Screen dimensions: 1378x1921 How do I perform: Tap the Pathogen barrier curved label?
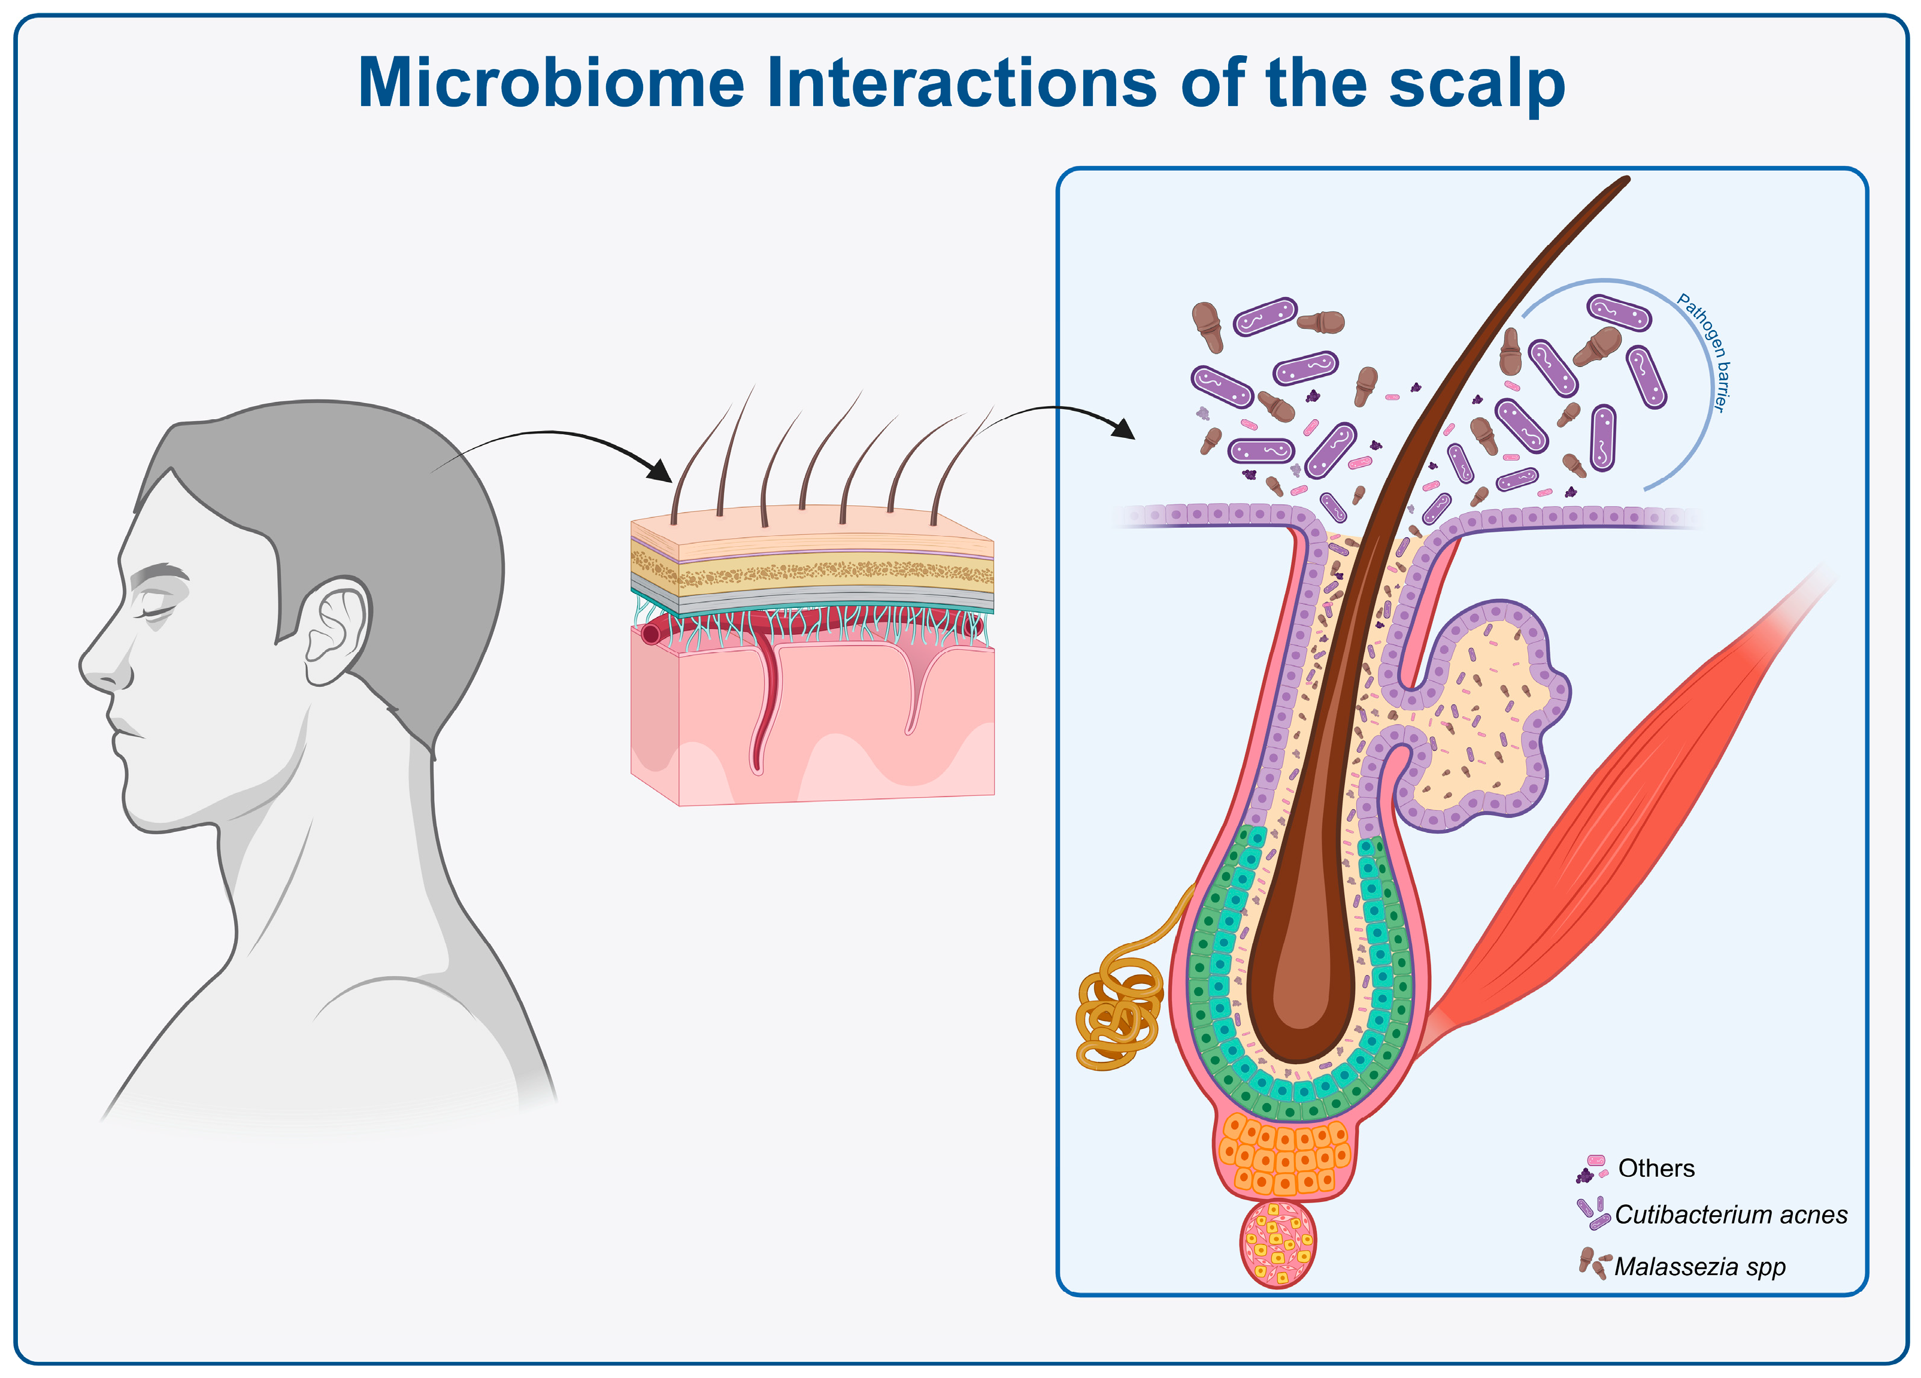point(1704,352)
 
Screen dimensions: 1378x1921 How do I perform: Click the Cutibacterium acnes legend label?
point(1731,1215)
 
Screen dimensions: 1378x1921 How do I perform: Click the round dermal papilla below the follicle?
point(1277,1243)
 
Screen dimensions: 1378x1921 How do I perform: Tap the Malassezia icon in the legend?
point(1592,1264)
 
